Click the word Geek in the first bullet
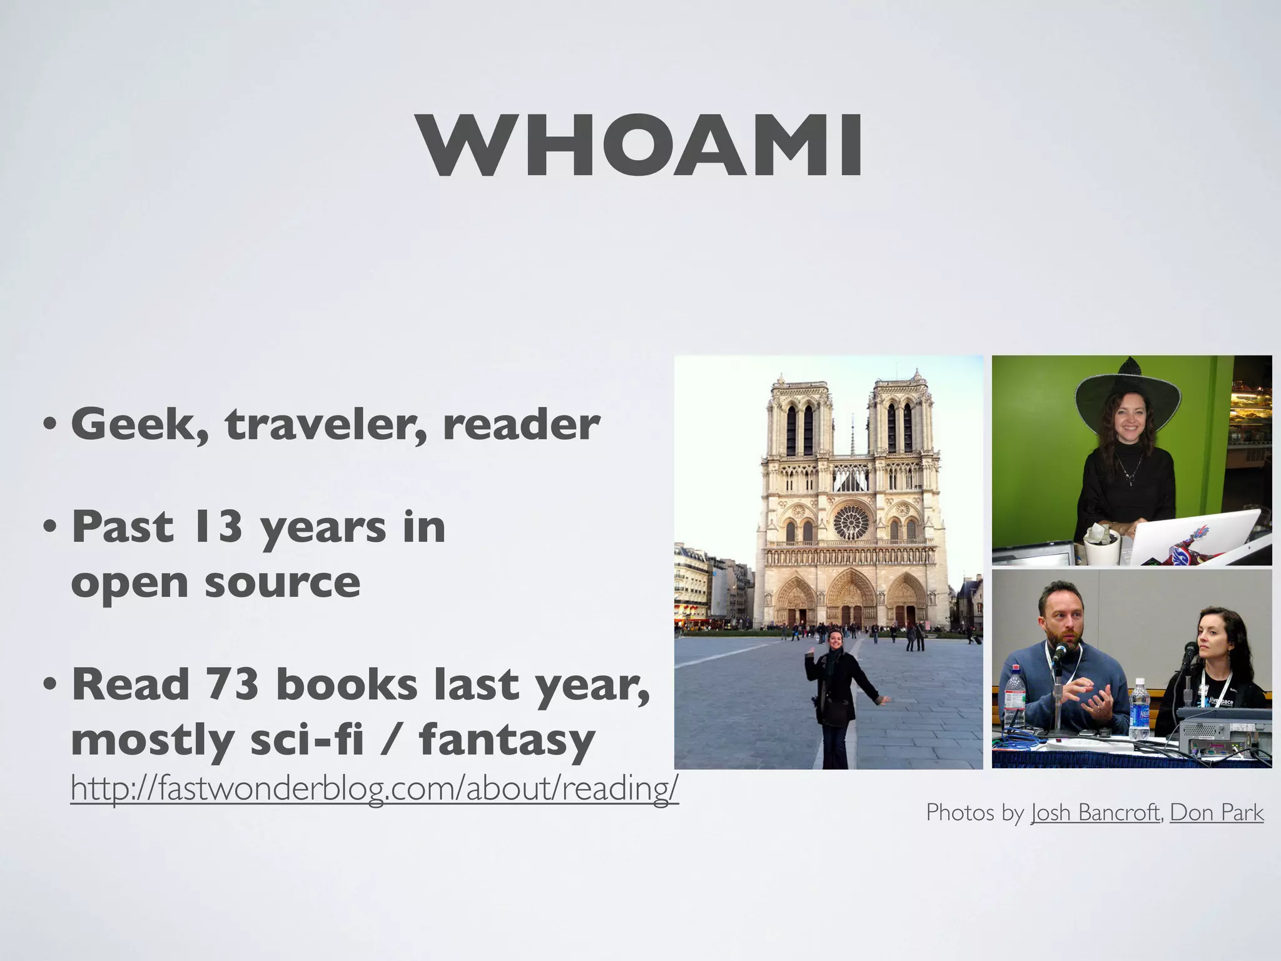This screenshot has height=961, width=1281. pyautogui.click(x=139, y=425)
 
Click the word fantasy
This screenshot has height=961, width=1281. pyautogui.click(x=507, y=740)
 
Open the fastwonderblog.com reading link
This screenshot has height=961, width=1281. pyautogui.click(x=374, y=788)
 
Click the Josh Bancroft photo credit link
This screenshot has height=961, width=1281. pyautogui.click(x=1095, y=813)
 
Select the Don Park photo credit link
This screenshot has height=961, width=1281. pyautogui.click(x=1216, y=813)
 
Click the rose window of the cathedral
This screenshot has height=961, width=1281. pyautogui.click(x=851, y=522)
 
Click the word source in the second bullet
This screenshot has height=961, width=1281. pyautogui.click(x=282, y=582)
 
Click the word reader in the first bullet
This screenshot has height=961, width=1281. pyautogui.click(x=521, y=425)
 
